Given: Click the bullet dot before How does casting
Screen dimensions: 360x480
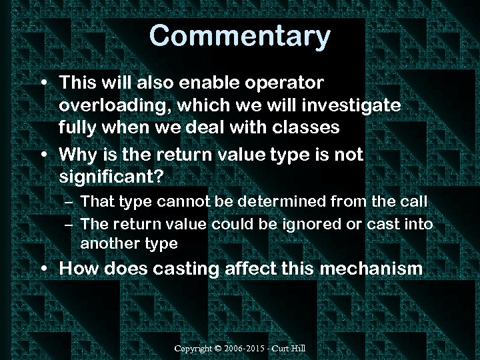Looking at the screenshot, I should [x=44, y=269].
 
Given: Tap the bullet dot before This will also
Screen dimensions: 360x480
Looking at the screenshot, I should [x=44, y=83].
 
